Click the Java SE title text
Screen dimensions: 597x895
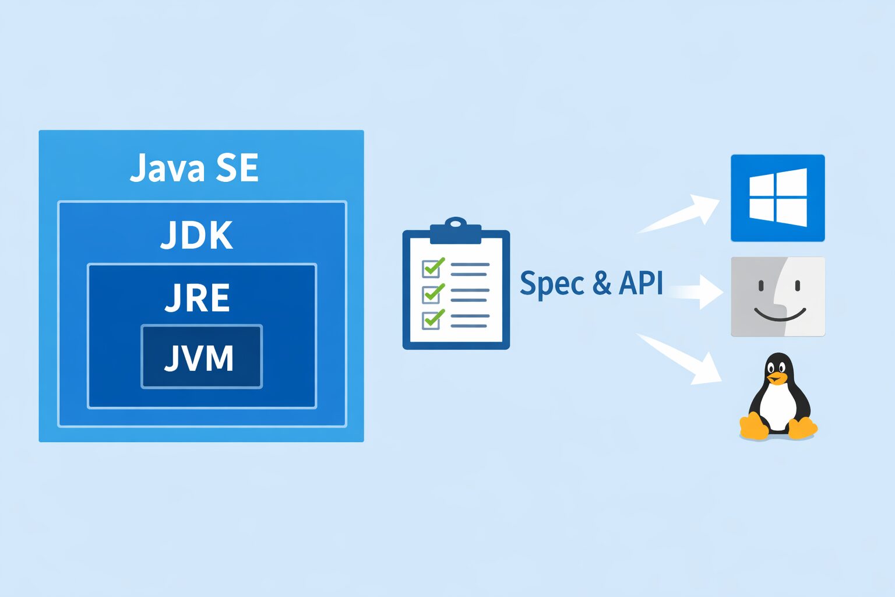(x=194, y=168)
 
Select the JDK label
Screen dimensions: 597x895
(x=197, y=235)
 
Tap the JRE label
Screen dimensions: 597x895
(x=198, y=298)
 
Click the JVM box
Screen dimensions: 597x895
(x=202, y=357)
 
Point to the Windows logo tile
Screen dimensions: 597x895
(x=777, y=198)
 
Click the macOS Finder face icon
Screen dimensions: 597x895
(x=778, y=297)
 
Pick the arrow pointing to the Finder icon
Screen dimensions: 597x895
(x=696, y=290)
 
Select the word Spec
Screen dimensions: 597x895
(x=551, y=284)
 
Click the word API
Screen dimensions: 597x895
(x=641, y=283)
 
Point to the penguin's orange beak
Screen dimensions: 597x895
(x=776, y=378)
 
